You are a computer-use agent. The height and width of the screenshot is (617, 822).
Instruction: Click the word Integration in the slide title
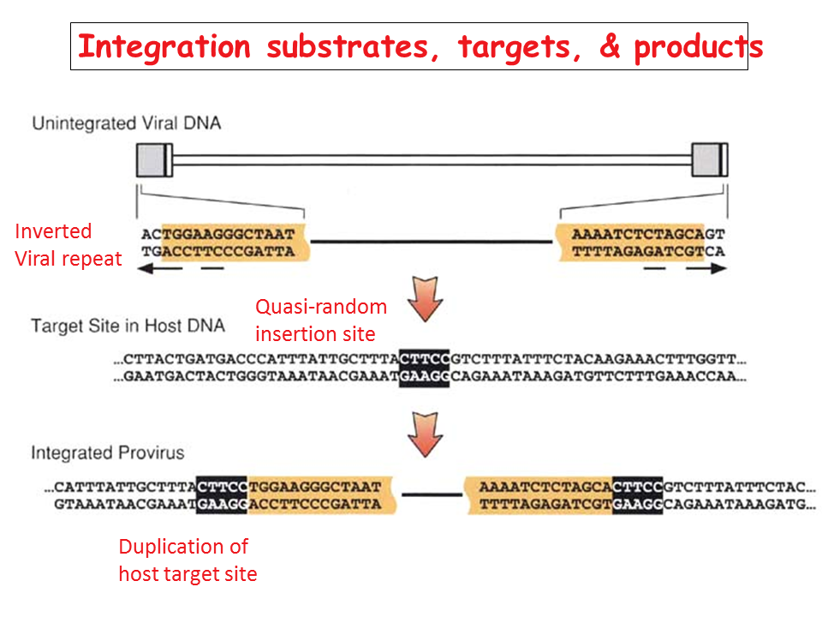[164, 46]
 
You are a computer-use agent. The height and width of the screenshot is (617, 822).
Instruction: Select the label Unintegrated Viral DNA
[126, 123]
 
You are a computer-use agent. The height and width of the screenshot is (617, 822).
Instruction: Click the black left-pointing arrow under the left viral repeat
[163, 268]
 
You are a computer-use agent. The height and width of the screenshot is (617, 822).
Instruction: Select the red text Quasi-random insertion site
[321, 320]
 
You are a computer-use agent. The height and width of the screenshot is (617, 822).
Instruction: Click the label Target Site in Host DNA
[128, 326]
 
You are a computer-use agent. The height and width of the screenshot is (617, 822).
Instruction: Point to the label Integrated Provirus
[108, 452]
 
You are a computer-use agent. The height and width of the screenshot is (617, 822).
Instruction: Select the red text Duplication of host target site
[188, 560]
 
